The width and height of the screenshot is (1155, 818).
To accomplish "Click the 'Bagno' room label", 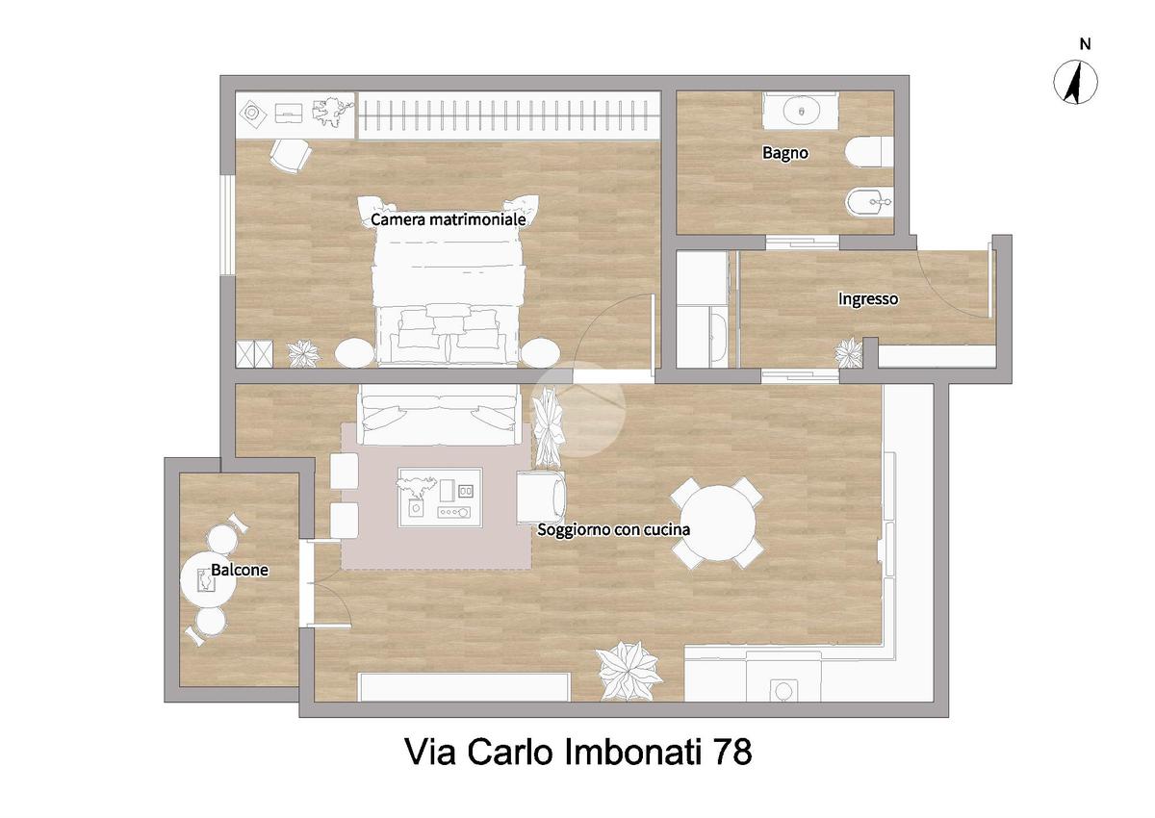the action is point(784,153).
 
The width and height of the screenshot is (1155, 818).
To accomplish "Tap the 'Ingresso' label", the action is point(868,299).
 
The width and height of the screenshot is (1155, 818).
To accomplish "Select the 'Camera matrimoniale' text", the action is point(449,219).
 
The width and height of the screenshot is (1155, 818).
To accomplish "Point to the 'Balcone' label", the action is point(240,570).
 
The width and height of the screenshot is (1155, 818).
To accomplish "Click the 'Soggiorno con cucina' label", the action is point(614,529).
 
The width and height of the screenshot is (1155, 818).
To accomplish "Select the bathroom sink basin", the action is point(801,111).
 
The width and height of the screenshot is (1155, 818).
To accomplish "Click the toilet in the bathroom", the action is point(869,152).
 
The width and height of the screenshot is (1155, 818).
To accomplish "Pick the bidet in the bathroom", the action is point(870,202).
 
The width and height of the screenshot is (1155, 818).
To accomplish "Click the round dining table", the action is point(717,523).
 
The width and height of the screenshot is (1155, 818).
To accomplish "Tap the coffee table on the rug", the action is point(440,498).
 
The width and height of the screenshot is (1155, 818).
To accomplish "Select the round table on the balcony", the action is point(208,580).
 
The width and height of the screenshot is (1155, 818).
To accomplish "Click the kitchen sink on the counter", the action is point(783,690).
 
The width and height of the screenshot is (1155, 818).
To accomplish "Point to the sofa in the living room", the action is point(438,415).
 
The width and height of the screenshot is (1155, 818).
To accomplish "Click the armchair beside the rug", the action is point(541,498).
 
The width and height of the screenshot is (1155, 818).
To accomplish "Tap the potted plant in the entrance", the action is point(848,353).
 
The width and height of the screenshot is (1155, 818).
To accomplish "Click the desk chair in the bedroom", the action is point(291,155).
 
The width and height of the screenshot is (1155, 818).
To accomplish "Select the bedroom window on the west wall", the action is point(227,226).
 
